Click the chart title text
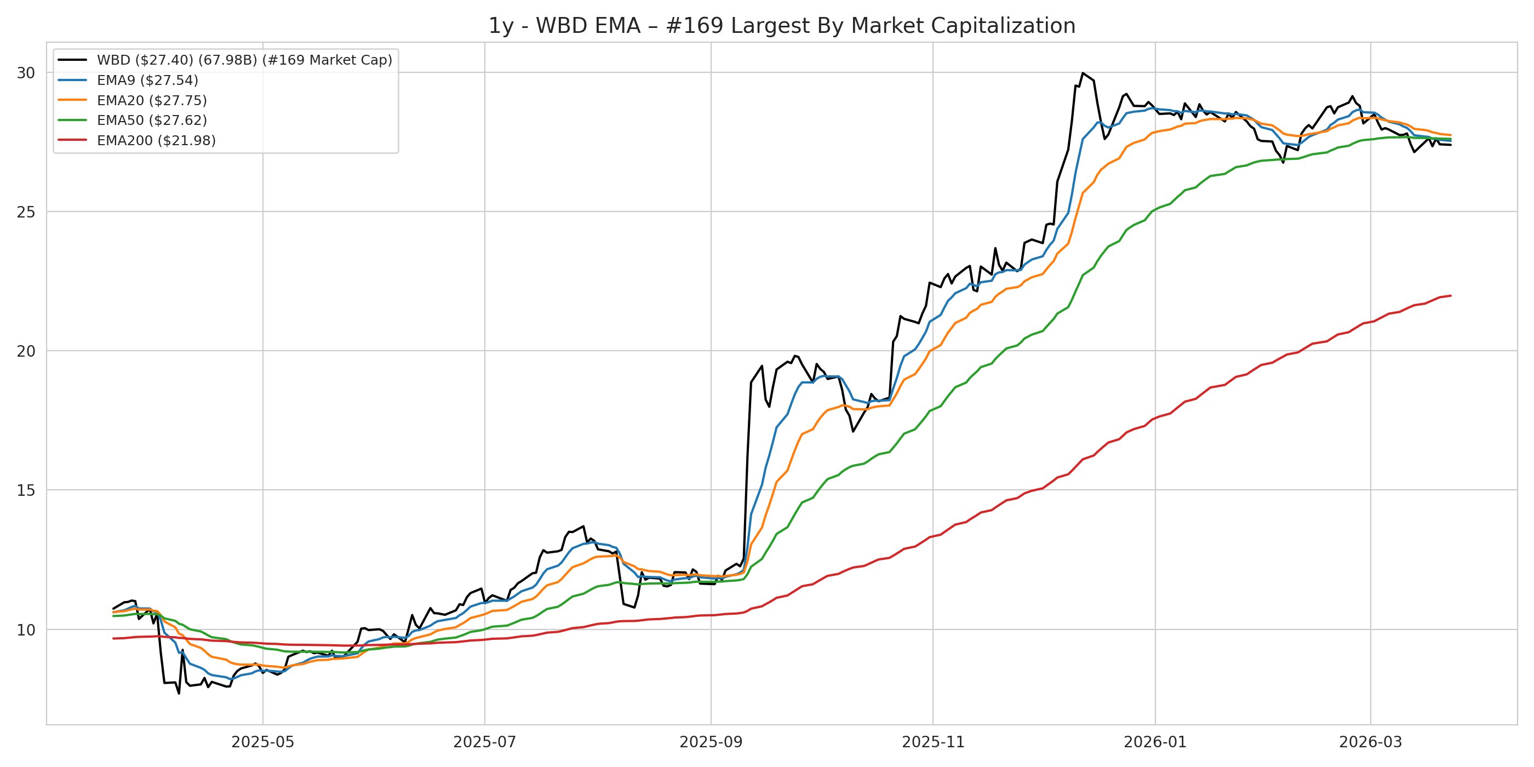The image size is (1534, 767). pos(781,26)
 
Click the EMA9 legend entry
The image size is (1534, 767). pos(147,81)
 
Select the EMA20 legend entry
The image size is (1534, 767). pos(151,101)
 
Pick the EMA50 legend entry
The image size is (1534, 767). pos(151,121)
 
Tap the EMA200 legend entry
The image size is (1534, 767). pos(156,141)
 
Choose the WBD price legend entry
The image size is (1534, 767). pos(244,60)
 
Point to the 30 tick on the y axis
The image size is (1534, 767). pos(26,73)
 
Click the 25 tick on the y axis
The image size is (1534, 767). pos(26,212)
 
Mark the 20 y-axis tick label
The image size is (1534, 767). pos(26,351)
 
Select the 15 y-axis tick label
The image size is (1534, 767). pos(26,490)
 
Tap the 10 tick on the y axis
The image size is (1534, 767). pos(26,629)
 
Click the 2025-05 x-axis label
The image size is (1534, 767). pos(262,742)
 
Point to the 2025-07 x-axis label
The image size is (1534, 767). pos(485,742)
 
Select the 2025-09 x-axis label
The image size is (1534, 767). pos(711,742)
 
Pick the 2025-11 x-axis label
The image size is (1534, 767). pos(933,742)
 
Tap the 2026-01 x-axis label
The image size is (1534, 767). pos(1155,742)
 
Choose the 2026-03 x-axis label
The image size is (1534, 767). pos(1370,742)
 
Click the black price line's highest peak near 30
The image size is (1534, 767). pos(1083,73)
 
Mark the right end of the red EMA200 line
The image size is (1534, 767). pos(1451,295)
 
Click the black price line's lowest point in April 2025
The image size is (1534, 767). pos(179,693)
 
